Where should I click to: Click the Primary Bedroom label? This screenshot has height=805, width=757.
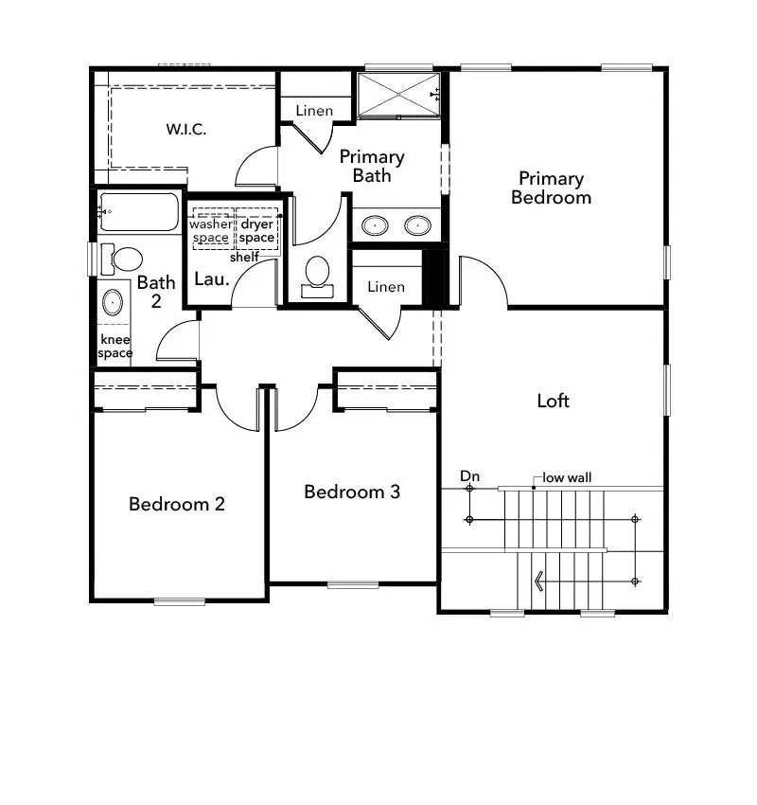pos(551,188)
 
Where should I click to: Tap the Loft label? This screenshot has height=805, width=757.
pos(553,401)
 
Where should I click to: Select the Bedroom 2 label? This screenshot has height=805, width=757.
pos(177,504)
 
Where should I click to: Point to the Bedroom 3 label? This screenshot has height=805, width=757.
pos(352,492)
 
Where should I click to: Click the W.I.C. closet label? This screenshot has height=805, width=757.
pos(186,129)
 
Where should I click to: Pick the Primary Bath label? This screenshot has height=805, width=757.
pos(372,166)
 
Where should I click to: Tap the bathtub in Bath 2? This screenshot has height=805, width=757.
pos(139,212)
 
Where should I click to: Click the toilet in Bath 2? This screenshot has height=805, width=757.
pos(124,258)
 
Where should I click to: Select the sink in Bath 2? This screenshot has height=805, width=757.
pos(113,303)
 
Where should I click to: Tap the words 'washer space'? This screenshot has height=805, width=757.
pos(210,231)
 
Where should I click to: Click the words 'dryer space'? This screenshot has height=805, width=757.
pos(256,231)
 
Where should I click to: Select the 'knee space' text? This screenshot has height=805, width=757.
pos(115,347)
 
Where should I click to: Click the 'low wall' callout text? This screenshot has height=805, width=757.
pos(567,477)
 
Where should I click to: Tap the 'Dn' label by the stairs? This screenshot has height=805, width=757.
pos(469,476)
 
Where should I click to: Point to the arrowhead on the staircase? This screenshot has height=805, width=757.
pos(539,581)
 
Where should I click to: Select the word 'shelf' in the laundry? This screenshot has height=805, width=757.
pos(244,257)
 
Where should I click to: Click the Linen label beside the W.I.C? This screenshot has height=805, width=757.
pos(314,111)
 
